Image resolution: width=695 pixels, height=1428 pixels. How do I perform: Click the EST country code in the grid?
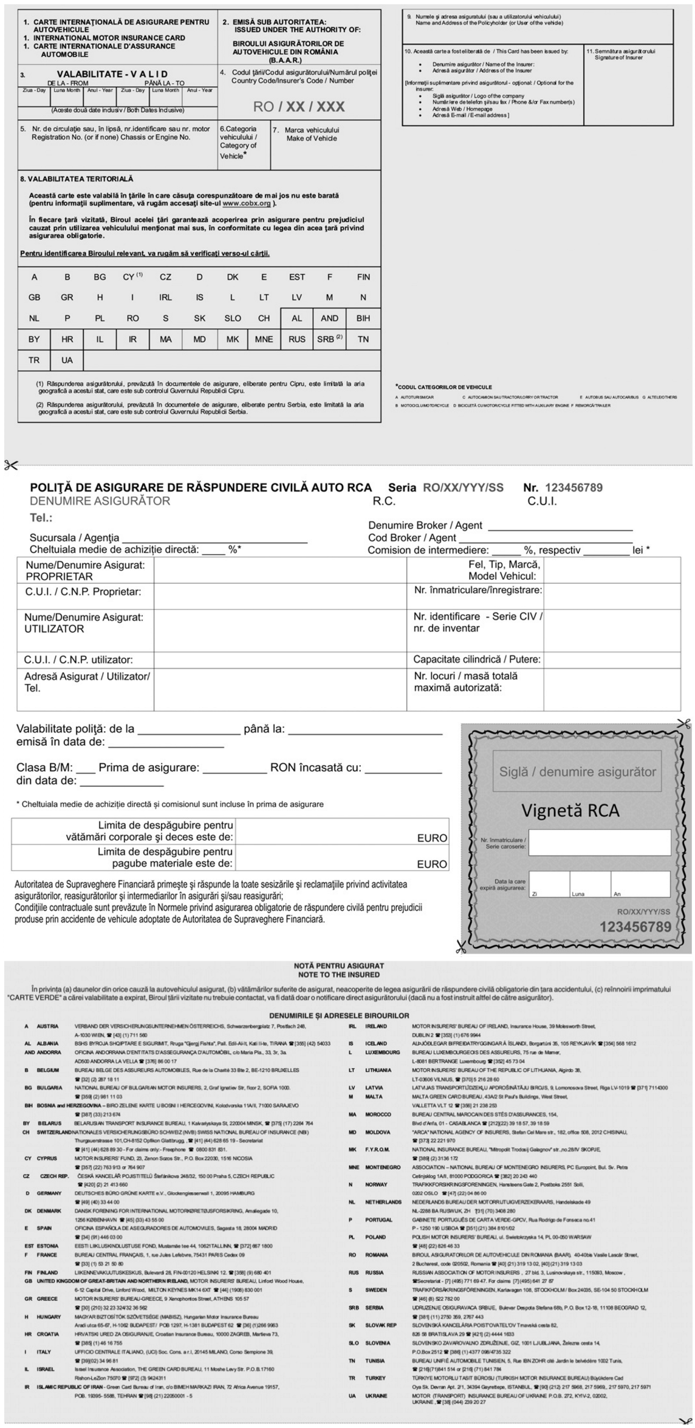point(297,277)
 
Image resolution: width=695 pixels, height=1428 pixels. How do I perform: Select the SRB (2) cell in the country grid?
point(330,339)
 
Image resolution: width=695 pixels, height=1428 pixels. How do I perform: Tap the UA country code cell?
point(67,360)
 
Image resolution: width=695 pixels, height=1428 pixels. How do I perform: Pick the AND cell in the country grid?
point(330,318)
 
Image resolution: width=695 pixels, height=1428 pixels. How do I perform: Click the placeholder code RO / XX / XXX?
point(299,107)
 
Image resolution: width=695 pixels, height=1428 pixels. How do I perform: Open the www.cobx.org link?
point(247,204)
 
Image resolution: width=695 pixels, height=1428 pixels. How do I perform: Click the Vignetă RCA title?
point(570,811)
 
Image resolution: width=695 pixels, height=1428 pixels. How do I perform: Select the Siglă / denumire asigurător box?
point(577,772)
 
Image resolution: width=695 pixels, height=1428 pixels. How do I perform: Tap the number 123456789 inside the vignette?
point(635,927)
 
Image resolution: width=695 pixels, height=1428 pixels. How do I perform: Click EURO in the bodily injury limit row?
point(432,838)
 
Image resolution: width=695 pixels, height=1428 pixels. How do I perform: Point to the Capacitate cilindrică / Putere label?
point(477,659)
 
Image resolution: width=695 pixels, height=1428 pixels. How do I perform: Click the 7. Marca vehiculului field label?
point(312,134)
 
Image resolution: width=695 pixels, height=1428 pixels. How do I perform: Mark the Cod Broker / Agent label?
point(412,538)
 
